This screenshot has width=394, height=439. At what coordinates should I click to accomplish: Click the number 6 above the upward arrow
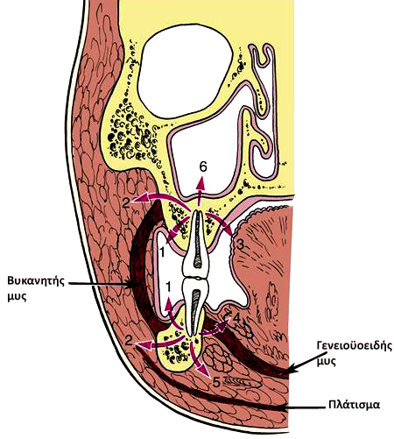pyautogui.click(x=203, y=166)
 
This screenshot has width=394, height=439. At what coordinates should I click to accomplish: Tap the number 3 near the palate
pyautogui.click(x=240, y=244)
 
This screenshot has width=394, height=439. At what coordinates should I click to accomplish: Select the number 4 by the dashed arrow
pyautogui.click(x=237, y=318)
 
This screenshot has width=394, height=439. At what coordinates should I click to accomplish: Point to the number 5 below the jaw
pyautogui.click(x=216, y=382)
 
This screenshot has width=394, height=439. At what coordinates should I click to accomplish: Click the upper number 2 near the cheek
pyautogui.click(x=126, y=202)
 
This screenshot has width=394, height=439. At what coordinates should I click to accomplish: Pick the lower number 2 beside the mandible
pyautogui.click(x=129, y=340)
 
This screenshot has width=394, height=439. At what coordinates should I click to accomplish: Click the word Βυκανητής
pyautogui.click(x=36, y=281)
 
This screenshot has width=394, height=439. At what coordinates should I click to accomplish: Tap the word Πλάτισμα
pyautogui.click(x=354, y=405)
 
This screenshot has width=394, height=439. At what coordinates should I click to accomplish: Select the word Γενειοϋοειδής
pyautogui.click(x=355, y=346)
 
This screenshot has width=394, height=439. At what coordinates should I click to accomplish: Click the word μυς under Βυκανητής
pyautogui.click(x=17, y=296)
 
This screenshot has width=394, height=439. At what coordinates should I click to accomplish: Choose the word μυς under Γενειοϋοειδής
pyautogui.click(x=327, y=361)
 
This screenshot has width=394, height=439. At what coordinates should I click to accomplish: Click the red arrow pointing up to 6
pyautogui.click(x=200, y=193)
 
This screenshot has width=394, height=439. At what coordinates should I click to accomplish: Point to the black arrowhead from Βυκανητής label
pyautogui.click(x=130, y=283)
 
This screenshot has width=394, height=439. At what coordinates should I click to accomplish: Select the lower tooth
pyautogui.click(x=194, y=304)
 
